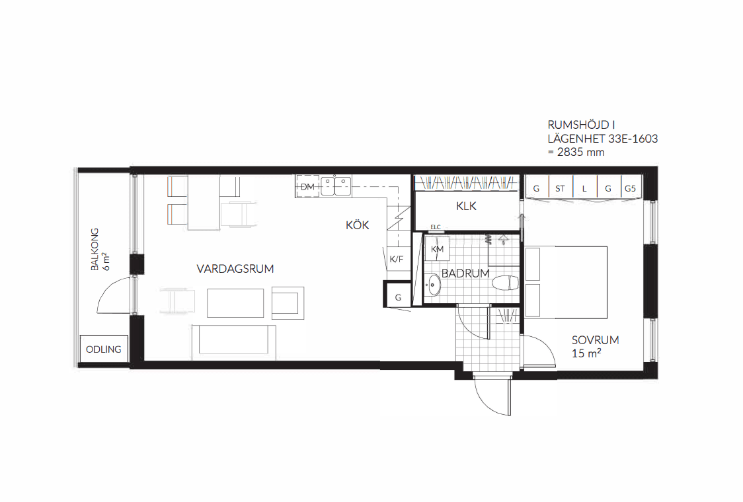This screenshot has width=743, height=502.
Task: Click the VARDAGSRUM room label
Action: (235, 269)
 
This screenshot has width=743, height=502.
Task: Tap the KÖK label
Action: (357, 225)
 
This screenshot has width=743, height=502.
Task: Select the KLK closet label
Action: (466, 206)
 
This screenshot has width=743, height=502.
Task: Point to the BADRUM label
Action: (465, 273)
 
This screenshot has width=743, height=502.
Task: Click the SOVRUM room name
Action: (595, 340)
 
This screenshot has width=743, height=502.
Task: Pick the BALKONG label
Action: (95, 250)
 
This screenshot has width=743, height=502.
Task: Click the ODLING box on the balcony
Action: (104, 349)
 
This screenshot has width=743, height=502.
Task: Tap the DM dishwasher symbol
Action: (307, 186)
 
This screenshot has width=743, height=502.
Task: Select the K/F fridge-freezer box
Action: (397, 259)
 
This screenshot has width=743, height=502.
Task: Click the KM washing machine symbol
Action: (437, 249)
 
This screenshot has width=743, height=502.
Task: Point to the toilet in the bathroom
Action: (506, 283)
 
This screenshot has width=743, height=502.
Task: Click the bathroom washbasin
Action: (432, 285)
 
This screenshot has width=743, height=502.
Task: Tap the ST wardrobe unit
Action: (560, 188)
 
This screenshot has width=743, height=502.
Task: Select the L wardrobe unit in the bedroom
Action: (585, 188)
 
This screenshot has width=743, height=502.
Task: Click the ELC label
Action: (436, 227)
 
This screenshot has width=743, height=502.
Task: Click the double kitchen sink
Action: (336, 186)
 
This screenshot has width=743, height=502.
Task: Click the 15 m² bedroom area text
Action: (586, 353)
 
